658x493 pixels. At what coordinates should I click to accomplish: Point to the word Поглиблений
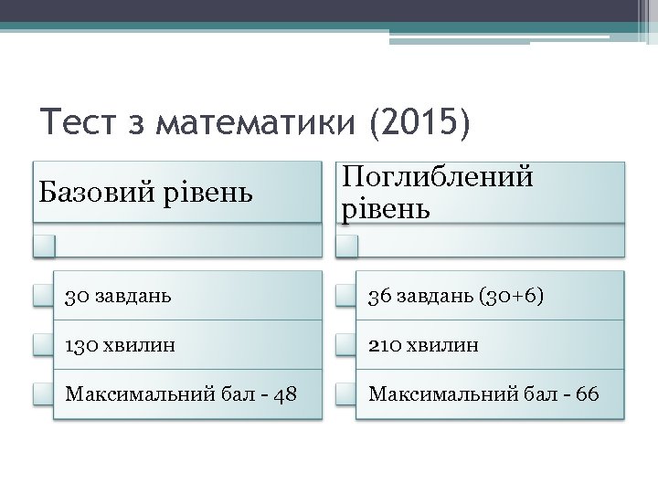[x=438, y=177]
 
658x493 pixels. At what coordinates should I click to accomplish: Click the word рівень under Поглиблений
[x=385, y=209]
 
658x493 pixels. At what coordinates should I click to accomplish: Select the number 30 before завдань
[x=76, y=296]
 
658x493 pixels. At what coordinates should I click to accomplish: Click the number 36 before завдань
[x=379, y=296]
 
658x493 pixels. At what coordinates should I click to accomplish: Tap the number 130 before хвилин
[x=80, y=345]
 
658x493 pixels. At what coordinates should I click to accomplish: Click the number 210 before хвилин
[x=384, y=345]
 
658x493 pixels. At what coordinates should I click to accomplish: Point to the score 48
[x=285, y=394]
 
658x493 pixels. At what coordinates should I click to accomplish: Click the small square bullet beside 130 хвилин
[x=42, y=345]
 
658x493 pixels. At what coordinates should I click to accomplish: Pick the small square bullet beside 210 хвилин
[x=345, y=345]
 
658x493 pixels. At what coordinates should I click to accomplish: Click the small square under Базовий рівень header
[x=44, y=245]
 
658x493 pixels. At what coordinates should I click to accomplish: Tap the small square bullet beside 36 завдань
[x=345, y=296]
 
